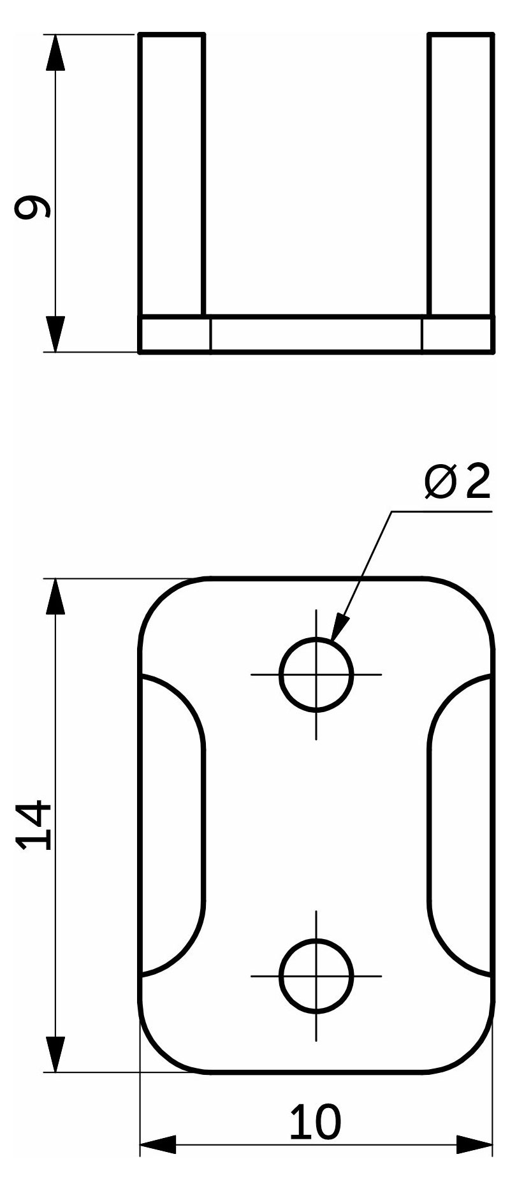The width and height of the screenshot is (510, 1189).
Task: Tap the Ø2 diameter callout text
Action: [x=458, y=483]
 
